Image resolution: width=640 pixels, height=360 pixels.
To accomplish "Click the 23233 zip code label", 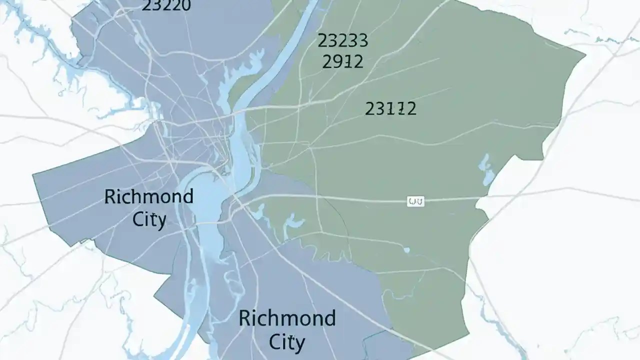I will point(342,40).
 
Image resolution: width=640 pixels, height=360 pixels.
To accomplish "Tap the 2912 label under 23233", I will point(342,61).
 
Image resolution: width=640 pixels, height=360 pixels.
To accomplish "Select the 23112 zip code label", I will point(390,108).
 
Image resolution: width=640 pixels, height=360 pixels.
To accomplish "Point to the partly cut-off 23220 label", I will point(166,5).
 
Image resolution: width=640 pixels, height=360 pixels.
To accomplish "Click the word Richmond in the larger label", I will point(287,318).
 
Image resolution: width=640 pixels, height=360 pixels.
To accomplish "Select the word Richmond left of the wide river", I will point(148,196).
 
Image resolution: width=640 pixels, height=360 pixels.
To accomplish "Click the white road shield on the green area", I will point(416,201).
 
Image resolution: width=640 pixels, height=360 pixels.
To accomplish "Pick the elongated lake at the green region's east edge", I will point(485,168).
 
